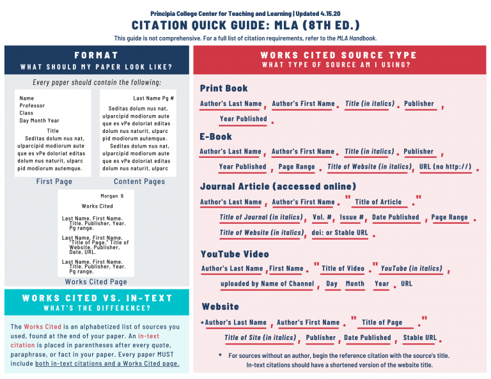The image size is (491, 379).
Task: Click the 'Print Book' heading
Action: (224, 88)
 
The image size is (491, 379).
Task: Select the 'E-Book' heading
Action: (216, 136)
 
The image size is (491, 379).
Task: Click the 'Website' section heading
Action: (221, 307)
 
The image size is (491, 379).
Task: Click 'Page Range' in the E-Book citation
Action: (297, 167)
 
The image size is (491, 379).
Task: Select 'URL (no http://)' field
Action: (445, 167)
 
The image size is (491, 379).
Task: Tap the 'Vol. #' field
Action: (322, 217)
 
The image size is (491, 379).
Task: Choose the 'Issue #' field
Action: (352, 217)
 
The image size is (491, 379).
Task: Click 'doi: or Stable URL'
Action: (340, 233)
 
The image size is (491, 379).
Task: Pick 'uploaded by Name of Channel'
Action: (267, 284)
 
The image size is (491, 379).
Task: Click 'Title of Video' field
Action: (343, 268)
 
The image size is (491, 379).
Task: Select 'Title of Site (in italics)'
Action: (260, 337)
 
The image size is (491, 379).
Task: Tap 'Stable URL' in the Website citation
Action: (420, 337)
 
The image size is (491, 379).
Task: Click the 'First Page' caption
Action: (54, 182)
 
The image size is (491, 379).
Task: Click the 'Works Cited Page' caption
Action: (96, 282)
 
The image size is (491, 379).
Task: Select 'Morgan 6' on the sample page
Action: (112, 196)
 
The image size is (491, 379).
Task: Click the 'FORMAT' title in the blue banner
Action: (96, 56)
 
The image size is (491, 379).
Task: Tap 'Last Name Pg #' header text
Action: (153, 99)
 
